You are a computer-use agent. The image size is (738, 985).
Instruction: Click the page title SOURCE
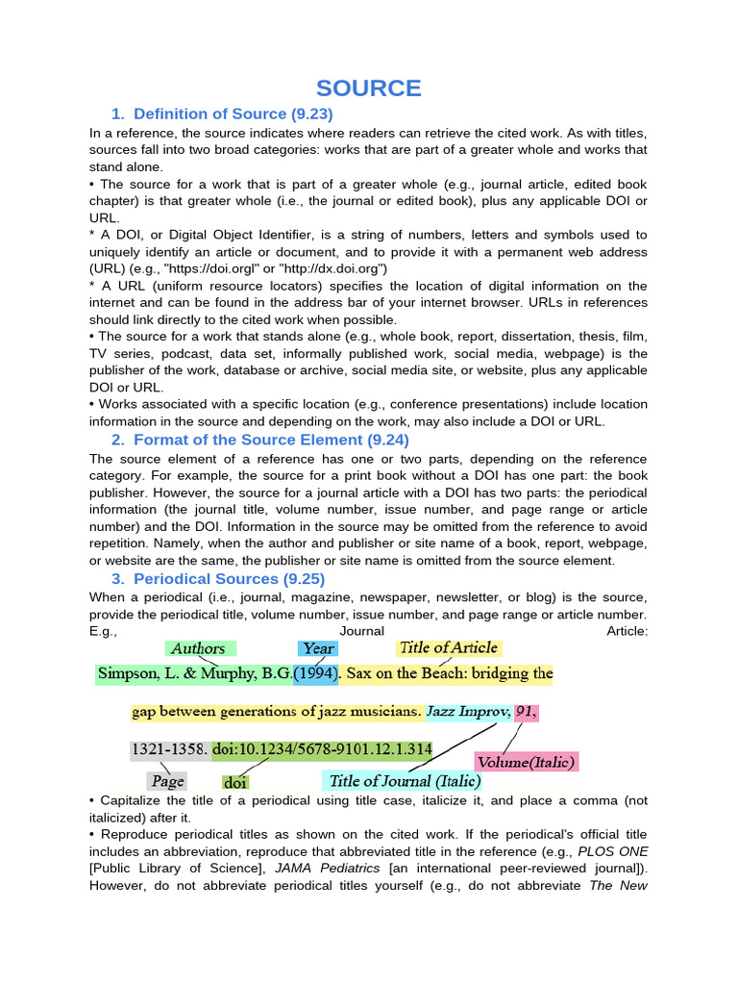pyautogui.click(x=369, y=88)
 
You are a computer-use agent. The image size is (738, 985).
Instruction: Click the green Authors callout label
pyautogui.click(x=199, y=648)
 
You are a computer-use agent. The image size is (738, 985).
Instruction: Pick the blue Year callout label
pyautogui.click(x=318, y=648)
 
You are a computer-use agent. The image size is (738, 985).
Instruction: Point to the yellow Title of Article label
pyautogui.click(x=449, y=647)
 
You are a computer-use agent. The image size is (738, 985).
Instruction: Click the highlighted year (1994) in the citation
pyautogui.click(x=316, y=673)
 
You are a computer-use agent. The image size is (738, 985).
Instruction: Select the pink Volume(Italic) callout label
pyautogui.click(x=526, y=763)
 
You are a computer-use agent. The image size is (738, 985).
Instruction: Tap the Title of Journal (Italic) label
pyautogui.click(x=404, y=780)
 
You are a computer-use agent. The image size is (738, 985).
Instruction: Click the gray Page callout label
pyautogui.click(x=167, y=781)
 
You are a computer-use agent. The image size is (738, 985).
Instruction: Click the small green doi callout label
pyautogui.click(x=234, y=782)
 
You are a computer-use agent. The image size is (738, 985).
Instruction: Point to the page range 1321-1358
pyautogui.click(x=168, y=748)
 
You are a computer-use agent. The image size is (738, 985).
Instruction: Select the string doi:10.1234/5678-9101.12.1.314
pyautogui.click(x=322, y=748)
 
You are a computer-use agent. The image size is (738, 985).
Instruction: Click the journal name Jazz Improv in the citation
pyautogui.click(x=468, y=712)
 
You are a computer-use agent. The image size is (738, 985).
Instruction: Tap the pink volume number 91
pyautogui.click(x=526, y=712)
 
